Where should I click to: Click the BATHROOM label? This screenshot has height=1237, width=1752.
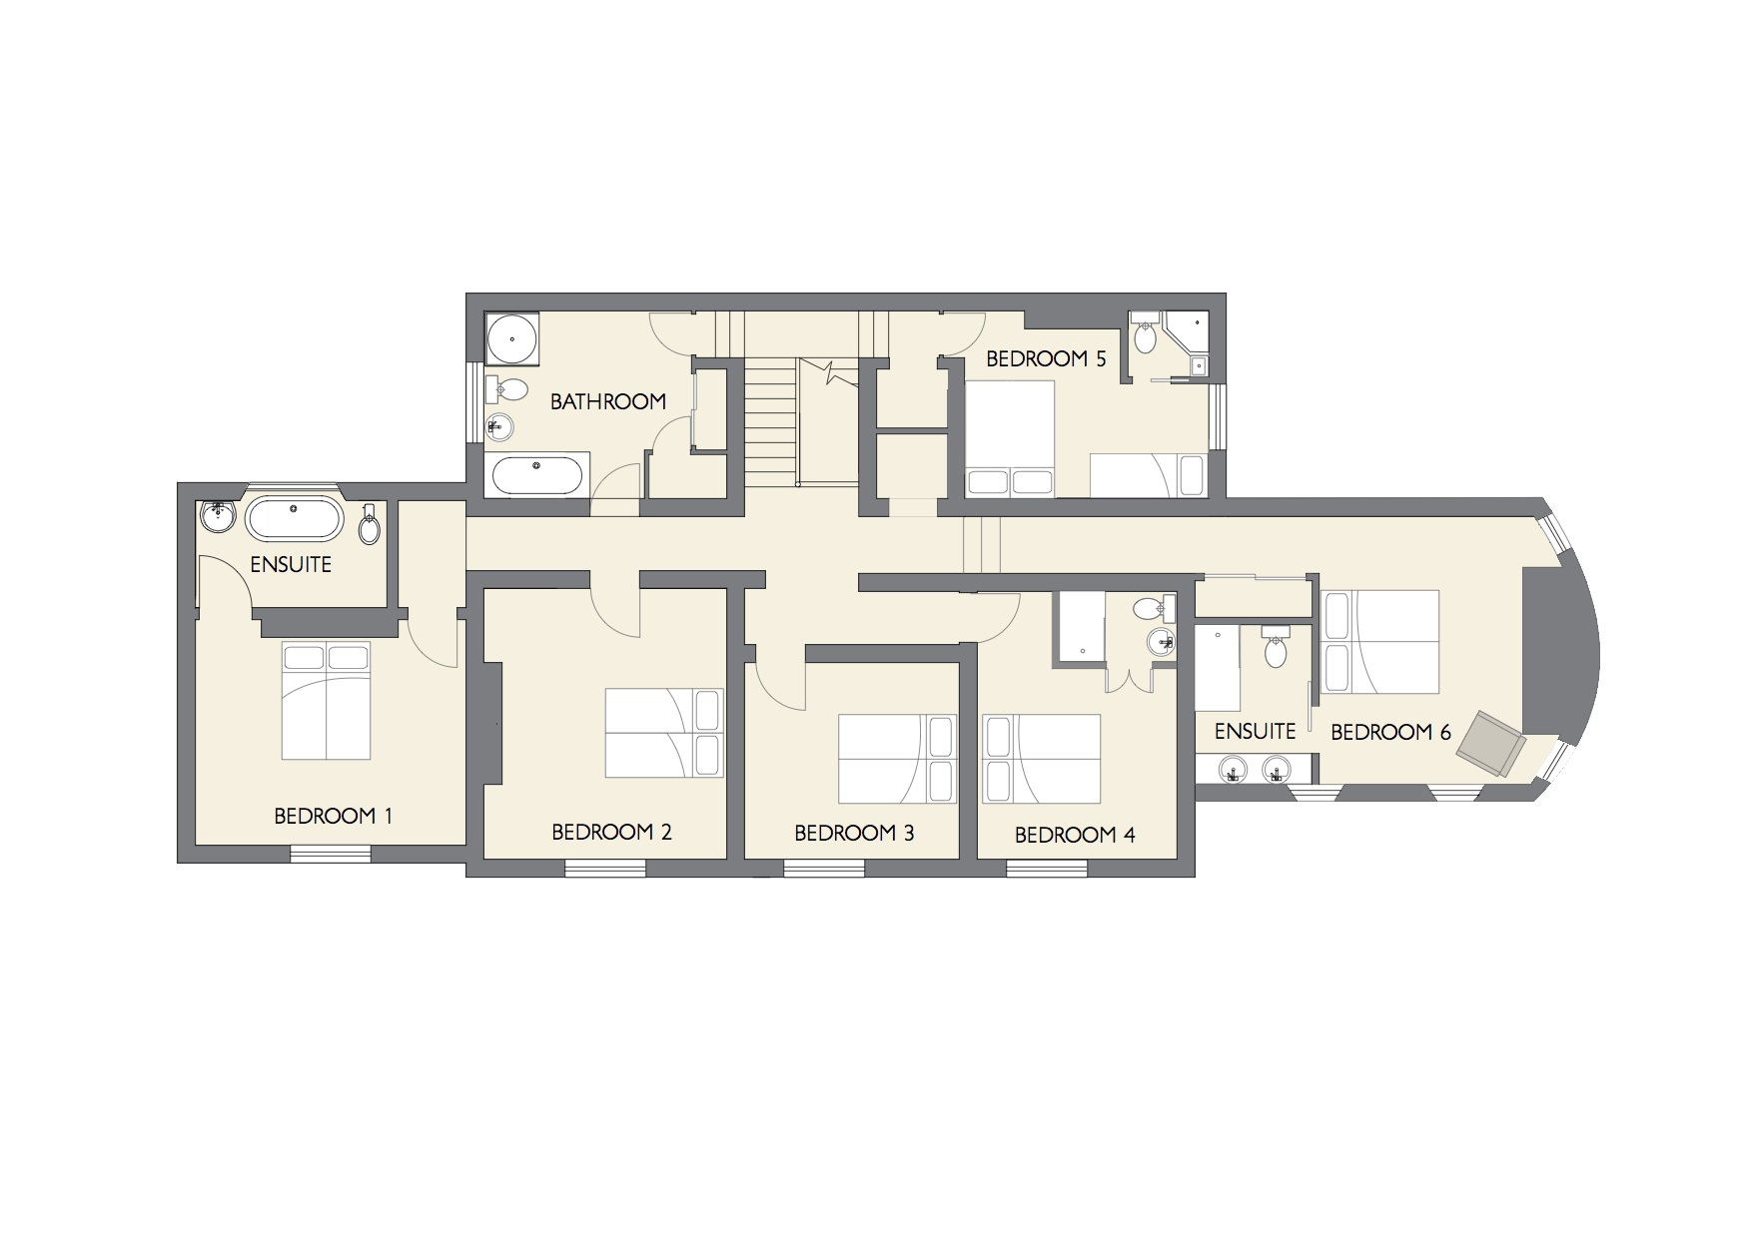tap(608, 401)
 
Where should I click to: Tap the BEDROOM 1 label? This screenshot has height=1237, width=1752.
tap(334, 817)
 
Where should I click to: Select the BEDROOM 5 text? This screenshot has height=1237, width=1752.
tap(1046, 359)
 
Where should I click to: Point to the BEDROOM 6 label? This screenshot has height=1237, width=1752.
tap(1390, 733)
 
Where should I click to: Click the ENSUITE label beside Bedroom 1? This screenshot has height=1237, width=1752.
tap(291, 565)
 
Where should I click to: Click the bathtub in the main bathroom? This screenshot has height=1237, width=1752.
tap(537, 475)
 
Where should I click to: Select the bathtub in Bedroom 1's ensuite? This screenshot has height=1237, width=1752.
tap(295, 519)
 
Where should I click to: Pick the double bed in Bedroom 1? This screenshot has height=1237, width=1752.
tap(327, 700)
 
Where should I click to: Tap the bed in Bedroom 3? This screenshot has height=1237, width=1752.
tap(897, 759)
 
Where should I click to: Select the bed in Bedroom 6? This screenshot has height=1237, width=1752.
tap(1380, 641)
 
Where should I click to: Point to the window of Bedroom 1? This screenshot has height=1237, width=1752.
tap(331, 854)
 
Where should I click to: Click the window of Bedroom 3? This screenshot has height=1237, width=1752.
tap(824, 870)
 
